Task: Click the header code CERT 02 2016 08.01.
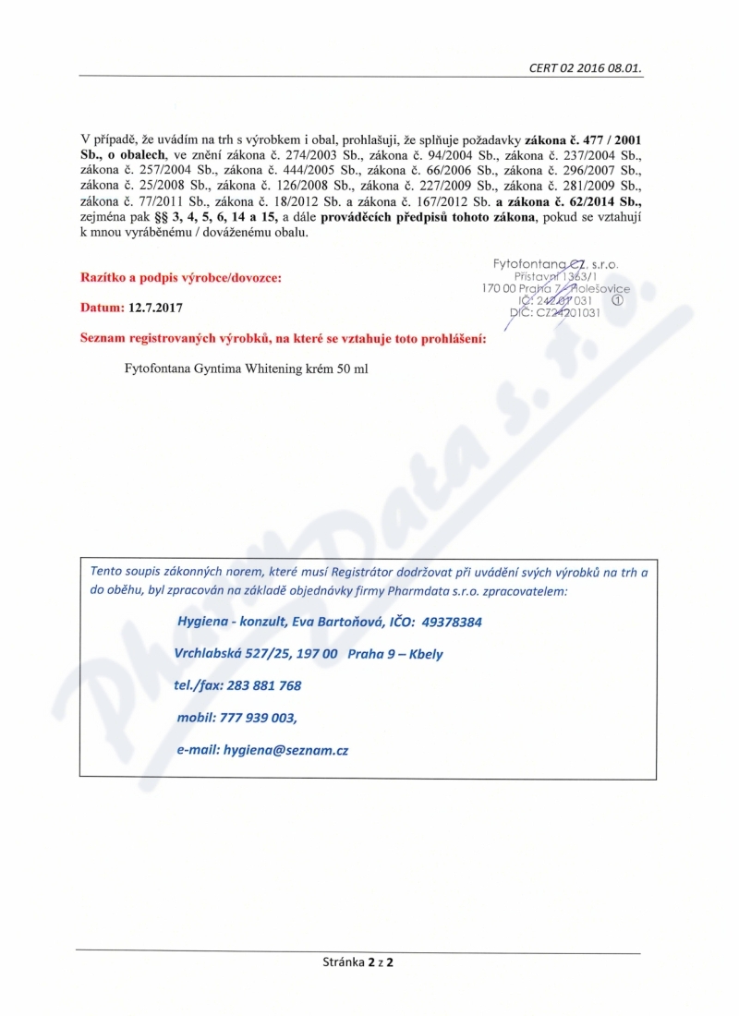click(586, 68)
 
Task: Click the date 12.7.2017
click(158, 306)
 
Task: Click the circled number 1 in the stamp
click(618, 300)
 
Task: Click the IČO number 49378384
click(446, 622)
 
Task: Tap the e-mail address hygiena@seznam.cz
click(285, 751)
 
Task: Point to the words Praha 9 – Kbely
click(396, 654)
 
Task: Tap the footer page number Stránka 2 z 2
click(357, 962)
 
